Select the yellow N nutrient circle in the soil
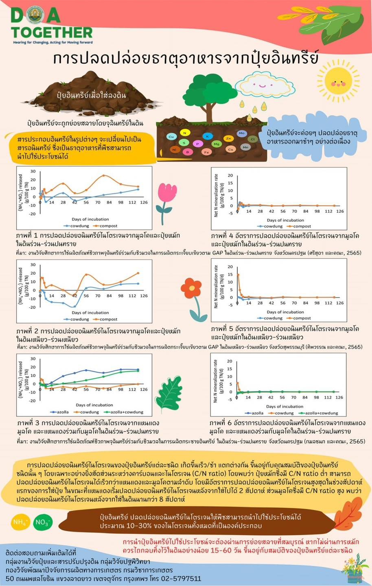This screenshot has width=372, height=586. point(185,133)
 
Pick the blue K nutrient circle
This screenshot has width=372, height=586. point(208,136)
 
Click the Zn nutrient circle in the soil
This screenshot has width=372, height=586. point(228,138)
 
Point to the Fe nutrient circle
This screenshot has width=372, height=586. point(206,152)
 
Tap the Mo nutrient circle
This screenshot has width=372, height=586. point(242,133)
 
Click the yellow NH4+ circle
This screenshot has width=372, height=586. point(20,522)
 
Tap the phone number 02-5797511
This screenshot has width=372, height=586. point(181,578)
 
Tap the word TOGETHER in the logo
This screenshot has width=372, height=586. point(52,32)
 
